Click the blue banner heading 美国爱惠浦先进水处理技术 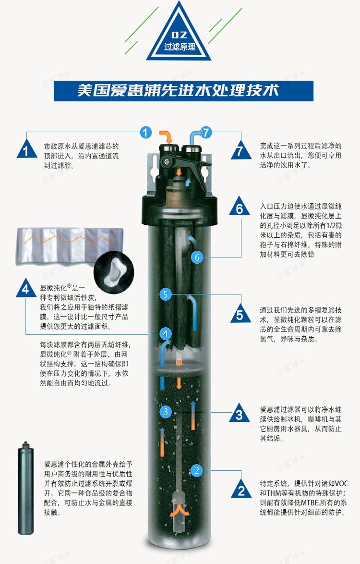coord(183,91)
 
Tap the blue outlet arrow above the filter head coord(194,137)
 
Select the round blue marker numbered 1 coord(145,133)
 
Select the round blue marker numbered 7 coord(206,133)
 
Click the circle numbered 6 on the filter coord(197,257)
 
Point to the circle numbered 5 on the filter coord(165,294)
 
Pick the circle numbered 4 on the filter coord(165,334)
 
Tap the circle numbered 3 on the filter coord(166,412)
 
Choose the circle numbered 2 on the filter coord(196,470)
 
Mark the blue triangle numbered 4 coord(26,289)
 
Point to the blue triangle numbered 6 coord(240,207)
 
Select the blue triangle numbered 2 coord(241,489)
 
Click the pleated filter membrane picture coord(69,245)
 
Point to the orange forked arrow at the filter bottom coord(180,511)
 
